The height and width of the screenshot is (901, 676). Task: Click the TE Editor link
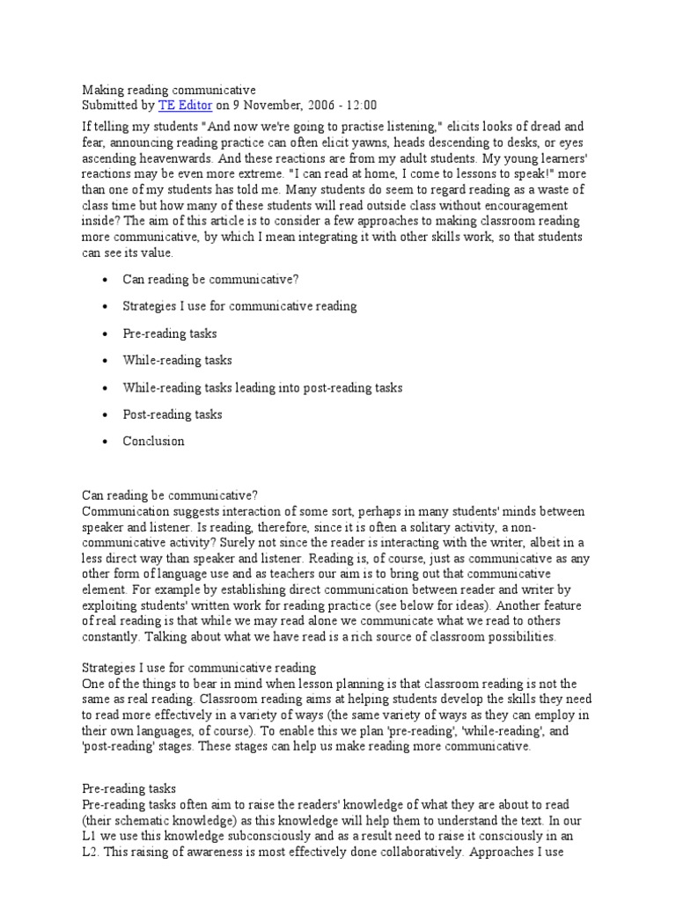pyautogui.click(x=184, y=105)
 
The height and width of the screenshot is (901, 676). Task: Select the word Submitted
pyautogui.click(x=111, y=105)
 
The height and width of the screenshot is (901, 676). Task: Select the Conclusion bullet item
pyautogui.click(x=153, y=442)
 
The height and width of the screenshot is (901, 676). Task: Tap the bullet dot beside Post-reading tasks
pyautogui.click(x=106, y=415)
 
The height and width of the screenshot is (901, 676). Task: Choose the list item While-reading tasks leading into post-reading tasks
pyautogui.click(x=262, y=387)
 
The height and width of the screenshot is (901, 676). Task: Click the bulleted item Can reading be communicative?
pyautogui.click(x=210, y=280)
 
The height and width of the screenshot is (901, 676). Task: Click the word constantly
pyautogui.click(x=112, y=638)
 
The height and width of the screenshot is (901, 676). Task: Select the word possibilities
pyautogui.click(x=511, y=638)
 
